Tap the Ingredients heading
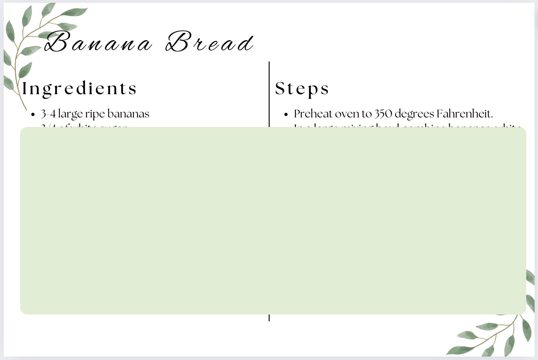coord(79,89)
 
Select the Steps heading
coord(302,89)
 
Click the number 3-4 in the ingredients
coord(48,114)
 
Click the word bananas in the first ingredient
coord(128,114)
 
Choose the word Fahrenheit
coord(464,114)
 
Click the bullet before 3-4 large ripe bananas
coord(33,114)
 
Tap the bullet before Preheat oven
coord(286,114)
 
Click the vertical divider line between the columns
coord(269,93)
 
